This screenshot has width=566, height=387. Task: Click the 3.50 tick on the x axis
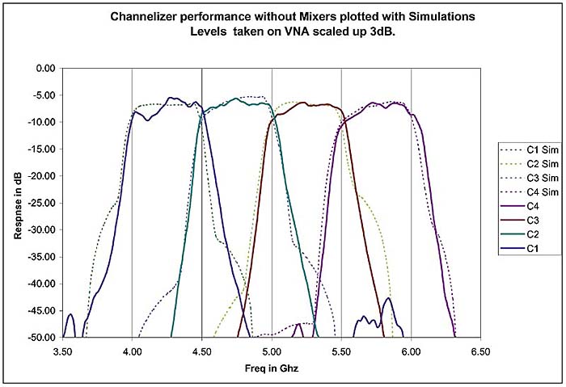click(x=62, y=352)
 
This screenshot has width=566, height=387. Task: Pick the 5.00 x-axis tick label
click(x=272, y=352)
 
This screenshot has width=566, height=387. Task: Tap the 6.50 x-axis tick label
click(x=480, y=352)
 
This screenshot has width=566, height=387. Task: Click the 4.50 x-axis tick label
click(x=202, y=352)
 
